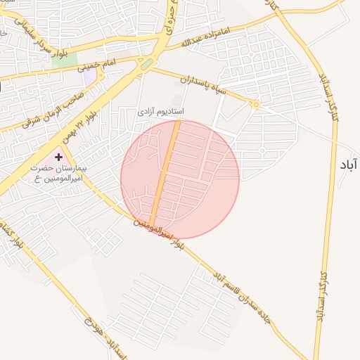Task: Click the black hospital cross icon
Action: pos(58,157)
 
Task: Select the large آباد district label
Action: pos(347,165)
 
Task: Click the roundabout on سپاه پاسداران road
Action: pos(256,105)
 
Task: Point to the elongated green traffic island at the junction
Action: pos(146,64)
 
